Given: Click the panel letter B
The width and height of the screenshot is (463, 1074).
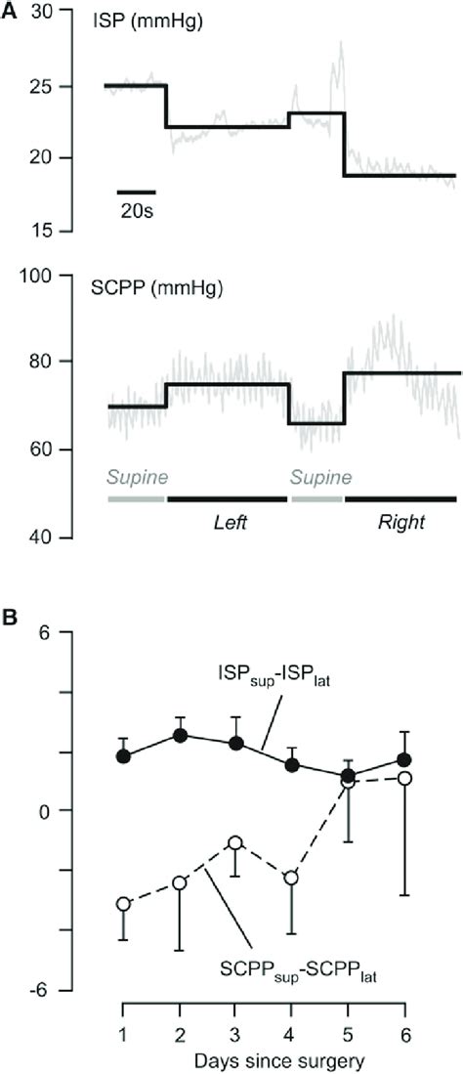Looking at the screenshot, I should click(10, 618).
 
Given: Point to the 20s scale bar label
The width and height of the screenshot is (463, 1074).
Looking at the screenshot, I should click(136, 210).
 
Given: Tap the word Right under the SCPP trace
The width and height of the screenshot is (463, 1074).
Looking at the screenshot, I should click(401, 523).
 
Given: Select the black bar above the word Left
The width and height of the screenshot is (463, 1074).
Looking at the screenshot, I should click(228, 498).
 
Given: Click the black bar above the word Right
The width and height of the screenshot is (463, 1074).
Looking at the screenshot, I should click(400, 498).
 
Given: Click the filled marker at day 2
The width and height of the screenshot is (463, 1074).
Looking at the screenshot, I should click(180, 735).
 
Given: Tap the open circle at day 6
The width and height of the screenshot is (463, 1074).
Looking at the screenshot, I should click(405, 778).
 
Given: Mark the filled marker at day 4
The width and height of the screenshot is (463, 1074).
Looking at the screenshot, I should click(292, 765).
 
